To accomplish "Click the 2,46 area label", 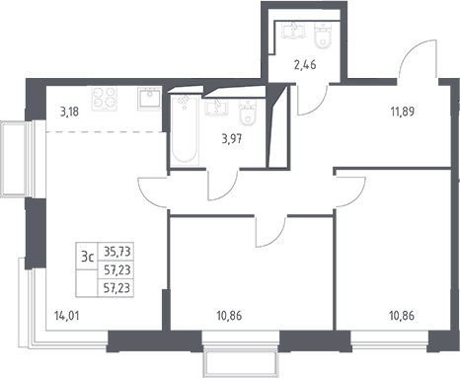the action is click(x=305, y=65).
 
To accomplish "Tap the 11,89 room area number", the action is click(x=403, y=112).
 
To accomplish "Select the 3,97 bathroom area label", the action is click(x=232, y=139).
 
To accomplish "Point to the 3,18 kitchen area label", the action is click(x=69, y=112).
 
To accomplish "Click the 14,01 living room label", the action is click(x=66, y=316).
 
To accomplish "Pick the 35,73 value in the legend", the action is click(x=117, y=252).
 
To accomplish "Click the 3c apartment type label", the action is click(x=88, y=257).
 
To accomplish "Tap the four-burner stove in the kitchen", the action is click(x=105, y=99).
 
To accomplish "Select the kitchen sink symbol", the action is click(x=149, y=98).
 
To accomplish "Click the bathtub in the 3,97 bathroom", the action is click(x=185, y=130).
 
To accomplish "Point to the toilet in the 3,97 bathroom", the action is click(x=248, y=113).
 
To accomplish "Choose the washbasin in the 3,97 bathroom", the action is click(x=216, y=108).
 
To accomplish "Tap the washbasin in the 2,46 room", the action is click(x=293, y=31).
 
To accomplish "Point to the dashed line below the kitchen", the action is click(x=106, y=132).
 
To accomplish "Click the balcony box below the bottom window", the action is click(x=241, y=363).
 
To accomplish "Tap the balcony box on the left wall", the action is click(x=13, y=159).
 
